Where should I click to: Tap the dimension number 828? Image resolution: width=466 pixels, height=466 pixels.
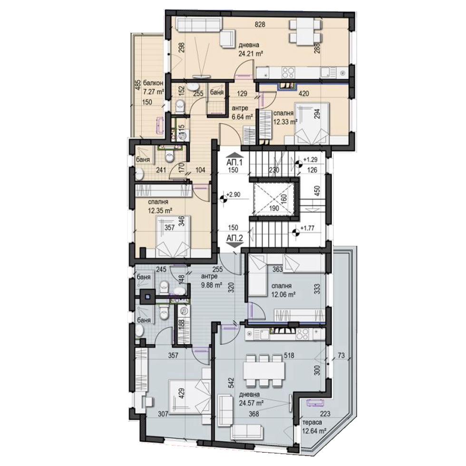coord(260,25)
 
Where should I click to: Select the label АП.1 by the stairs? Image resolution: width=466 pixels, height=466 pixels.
coord(234,163)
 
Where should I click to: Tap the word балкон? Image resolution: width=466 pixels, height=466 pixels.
coord(153,83)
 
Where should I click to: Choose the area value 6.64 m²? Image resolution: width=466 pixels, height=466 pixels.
coord(242,117)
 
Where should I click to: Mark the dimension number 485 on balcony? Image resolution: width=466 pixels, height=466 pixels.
coord(137,85)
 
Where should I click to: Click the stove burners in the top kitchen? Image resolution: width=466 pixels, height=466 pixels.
coord(287,72)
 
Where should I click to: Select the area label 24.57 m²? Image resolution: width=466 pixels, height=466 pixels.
coord(252,404)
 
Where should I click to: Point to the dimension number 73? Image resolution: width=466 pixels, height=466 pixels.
coord(341,356)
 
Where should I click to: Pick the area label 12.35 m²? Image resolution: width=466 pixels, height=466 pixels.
coord(161,211)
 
